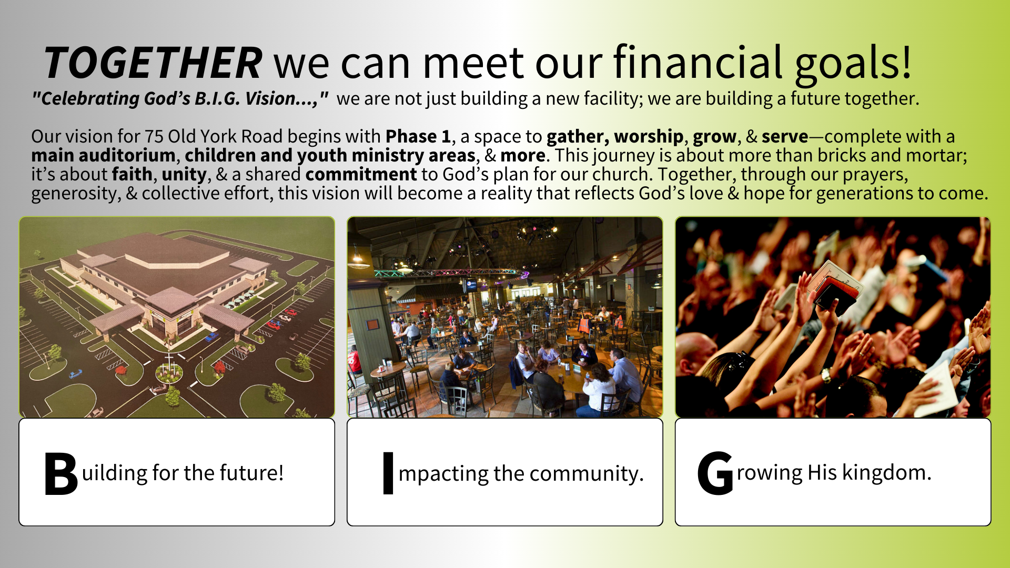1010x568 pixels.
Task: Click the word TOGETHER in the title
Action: tap(153, 63)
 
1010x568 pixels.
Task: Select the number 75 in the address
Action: tap(154, 136)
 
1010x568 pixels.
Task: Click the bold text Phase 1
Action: tap(418, 136)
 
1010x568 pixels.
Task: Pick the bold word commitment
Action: tap(361, 174)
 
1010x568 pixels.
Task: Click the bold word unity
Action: tap(184, 175)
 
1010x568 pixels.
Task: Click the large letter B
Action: tap(61, 474)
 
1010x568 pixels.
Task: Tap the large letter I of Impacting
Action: tap(388, 473)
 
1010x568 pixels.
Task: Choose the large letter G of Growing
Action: tap(715, 473)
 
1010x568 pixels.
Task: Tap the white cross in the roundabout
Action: tap(169, 361)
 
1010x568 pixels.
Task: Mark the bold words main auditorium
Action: tap(103, 156)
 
